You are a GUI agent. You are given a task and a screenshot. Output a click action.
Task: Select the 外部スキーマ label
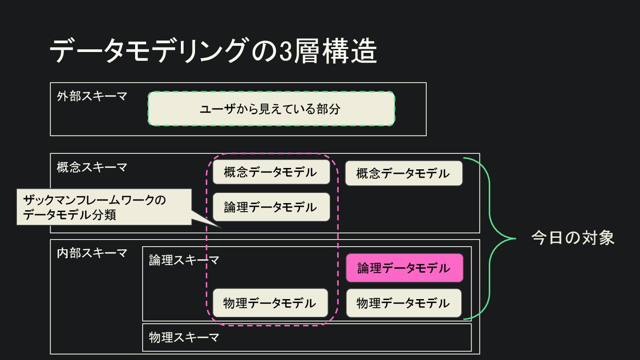click(x=92, y=96)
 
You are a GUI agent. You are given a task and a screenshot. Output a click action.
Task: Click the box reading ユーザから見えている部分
click(x=271, y=109)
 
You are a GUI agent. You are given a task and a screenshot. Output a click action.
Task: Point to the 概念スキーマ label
click(x=92, y=167)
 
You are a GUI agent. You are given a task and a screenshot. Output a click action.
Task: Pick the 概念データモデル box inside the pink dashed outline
click(x=271, y=172)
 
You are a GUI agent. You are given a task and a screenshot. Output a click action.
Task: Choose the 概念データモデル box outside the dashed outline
click(x=404, y=173)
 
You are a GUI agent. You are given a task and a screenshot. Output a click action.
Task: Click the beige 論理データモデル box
click(x=271, y=207)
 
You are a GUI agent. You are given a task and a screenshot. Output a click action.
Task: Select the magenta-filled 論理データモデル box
click(x=404, y=268)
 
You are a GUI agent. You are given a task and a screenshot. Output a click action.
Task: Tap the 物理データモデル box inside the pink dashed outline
click(x=270, y=303)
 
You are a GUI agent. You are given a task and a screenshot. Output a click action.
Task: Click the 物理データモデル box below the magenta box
click(x=404, y=303)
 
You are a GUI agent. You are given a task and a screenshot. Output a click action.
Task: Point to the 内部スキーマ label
click(x=92, y=253)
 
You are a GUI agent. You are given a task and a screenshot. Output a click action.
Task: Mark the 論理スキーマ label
click(x=184, y=260)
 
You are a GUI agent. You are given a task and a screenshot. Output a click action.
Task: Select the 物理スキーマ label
click(x=184, y=337)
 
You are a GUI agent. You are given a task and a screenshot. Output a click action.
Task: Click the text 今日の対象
click(x=573, y=238)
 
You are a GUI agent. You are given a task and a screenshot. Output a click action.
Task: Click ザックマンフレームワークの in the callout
click(x=94, y=200)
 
